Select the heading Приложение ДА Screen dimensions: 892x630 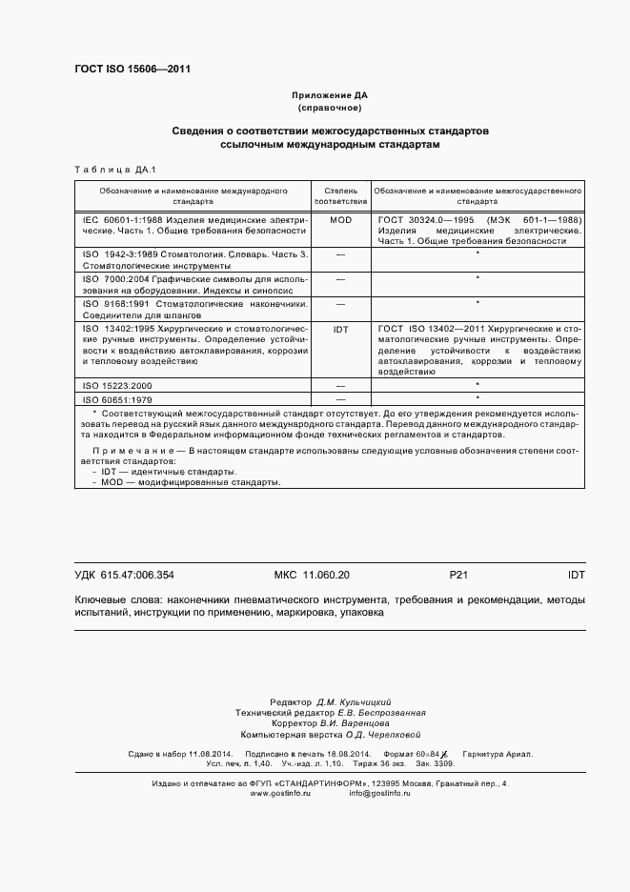[329, 96]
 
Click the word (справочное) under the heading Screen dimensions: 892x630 [329, 108]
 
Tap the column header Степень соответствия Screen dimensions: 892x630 [340, 196]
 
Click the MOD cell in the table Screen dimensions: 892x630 [340, 219]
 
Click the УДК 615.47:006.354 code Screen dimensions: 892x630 [124, 575]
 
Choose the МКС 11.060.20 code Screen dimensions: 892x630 [312, 575]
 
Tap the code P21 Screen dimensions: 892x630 [458, 575]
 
